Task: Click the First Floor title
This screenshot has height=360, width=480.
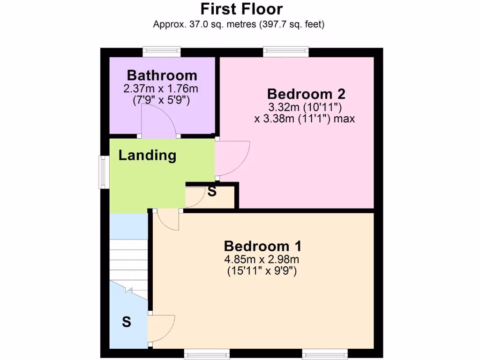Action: [241, 9]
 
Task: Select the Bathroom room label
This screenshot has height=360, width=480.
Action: [162, 75]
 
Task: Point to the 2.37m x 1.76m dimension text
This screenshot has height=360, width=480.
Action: [162, 89]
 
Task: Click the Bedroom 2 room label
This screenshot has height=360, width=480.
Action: [306, 94]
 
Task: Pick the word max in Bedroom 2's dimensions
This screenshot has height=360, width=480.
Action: [345, 119]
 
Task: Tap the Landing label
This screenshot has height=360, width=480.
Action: [147, 155]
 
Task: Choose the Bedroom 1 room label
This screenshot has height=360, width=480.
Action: [262, 246]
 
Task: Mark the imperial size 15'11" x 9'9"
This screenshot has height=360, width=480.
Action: [262, 270]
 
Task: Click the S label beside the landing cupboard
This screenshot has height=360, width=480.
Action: [212, 192]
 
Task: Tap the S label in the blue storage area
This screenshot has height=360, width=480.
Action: [126, 322]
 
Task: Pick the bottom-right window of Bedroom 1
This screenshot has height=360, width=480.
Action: [324, 354]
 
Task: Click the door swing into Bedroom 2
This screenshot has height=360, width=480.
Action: [232, 158]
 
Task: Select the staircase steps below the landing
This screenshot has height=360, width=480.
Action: [128, 260]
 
